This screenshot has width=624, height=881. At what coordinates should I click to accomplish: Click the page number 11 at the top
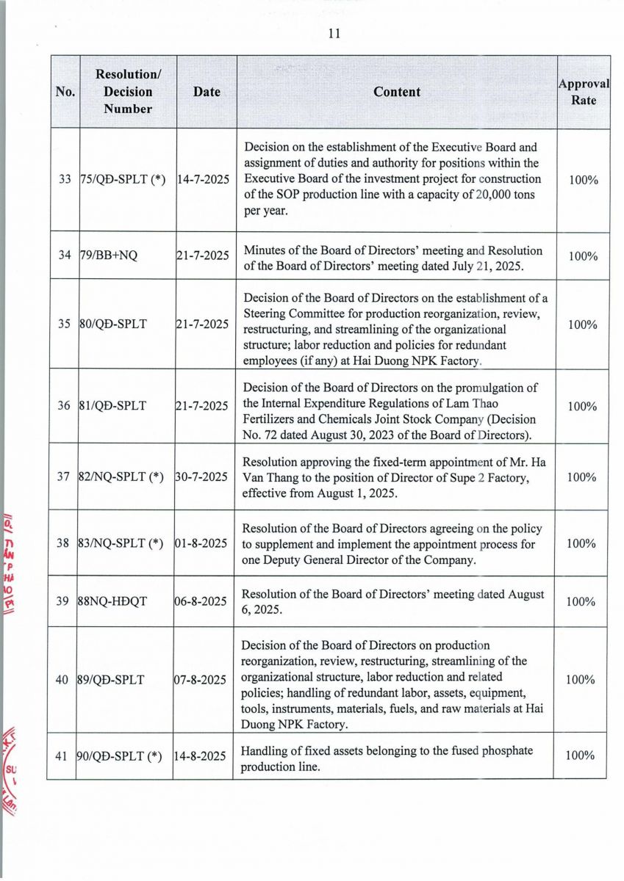pyautogui.click(x=333, y=33)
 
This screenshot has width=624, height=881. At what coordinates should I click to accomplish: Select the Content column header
pyautogui.click(x=397, y=92)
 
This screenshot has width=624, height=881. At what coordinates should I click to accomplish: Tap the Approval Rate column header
pyautogui.click(x=584, y=92)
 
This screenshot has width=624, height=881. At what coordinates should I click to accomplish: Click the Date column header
pyautogui.click(x=207, y=92)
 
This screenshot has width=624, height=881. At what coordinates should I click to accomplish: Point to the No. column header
pyautogui.click(x=65, y=92)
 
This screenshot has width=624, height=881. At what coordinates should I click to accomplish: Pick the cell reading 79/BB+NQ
pyautogui.click(x=104, y=255)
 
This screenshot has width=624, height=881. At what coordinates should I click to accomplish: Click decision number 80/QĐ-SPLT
pyautogui.click(x=112, y=324)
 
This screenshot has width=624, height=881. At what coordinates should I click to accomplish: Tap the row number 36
pyautogui.click(x=64, y=405)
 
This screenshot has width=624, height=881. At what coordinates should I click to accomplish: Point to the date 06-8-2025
pyautogui.click(x=200, y=601)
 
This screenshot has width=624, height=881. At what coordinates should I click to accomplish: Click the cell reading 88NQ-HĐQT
pyautogui.click(x=112, y=601)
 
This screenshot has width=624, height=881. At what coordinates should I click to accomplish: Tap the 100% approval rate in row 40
pyautogui.click(x=581, y=679)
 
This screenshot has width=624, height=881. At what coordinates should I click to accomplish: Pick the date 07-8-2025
pyautogui.click(x=200, y=680)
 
